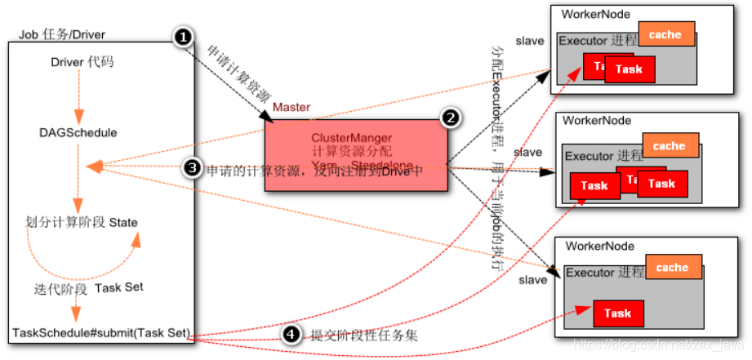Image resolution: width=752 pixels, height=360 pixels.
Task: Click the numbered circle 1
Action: click(x=184, y=37)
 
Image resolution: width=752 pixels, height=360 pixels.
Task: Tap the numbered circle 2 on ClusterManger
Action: click(x=449, y=118)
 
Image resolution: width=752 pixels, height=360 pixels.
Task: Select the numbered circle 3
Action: click(x=193, y=168)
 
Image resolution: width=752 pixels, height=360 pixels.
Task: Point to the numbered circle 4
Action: click(x=290, y=334)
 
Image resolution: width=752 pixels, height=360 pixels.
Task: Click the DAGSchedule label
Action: click(x=78, y=132)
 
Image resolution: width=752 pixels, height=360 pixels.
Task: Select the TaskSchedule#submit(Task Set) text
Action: click(x=100, y=333)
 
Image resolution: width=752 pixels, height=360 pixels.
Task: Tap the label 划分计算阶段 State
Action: click(x=82, y=222)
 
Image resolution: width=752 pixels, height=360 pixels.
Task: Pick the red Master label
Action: click(x=291, y=107)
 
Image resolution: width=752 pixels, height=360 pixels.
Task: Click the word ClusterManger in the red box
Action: click(x=351, y=137)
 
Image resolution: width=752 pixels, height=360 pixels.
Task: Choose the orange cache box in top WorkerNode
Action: click(x=665, y=34)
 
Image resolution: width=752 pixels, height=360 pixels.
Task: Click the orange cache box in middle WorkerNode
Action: click(x=670, y=146)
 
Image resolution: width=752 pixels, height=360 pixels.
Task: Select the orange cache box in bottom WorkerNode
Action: click(x=672, y=267)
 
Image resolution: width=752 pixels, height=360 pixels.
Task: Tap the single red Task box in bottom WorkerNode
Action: click(x=617, y=313)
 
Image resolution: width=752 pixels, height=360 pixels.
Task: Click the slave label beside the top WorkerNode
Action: click(x=529, y=41)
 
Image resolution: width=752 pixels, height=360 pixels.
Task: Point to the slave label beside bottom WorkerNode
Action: click(x=533, y=280)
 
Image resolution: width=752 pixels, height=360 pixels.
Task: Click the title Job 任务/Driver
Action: click(x=62, y=33)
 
